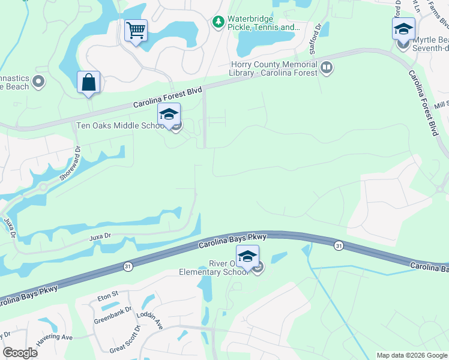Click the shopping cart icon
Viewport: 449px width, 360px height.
pyautogui.click(x=136, y=29)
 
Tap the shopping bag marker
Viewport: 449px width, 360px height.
pyautogui.click(x=89, y=83)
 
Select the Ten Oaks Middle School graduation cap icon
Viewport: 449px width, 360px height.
pyautogui.click(x=169, y=114)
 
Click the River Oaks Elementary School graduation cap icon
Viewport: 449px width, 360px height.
pyautogui.click(x=247, y=256)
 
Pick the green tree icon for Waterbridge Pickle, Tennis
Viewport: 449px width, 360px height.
pyautogui.click(x=218, y=22)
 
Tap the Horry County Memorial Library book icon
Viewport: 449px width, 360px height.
pyautogui.click(x=327, y=68)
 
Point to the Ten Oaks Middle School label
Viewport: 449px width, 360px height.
pyautogui.click(x=121, y=126)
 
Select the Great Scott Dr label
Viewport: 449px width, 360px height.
pyautogui.click(x=125, y=339)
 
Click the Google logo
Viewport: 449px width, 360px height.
pyautogui.click(x=20, y=353)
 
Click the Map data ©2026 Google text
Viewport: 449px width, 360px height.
pyautogui.click(x=411, y=355)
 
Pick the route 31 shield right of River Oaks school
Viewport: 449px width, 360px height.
pyautogui.click(x=339, y=245)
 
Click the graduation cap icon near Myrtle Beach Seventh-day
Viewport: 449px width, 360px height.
pyautogui.click(x=403, y=29)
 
